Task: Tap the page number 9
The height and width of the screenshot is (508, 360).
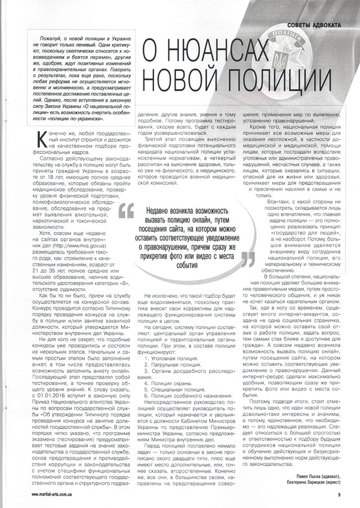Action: click(x=339, y=494)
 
